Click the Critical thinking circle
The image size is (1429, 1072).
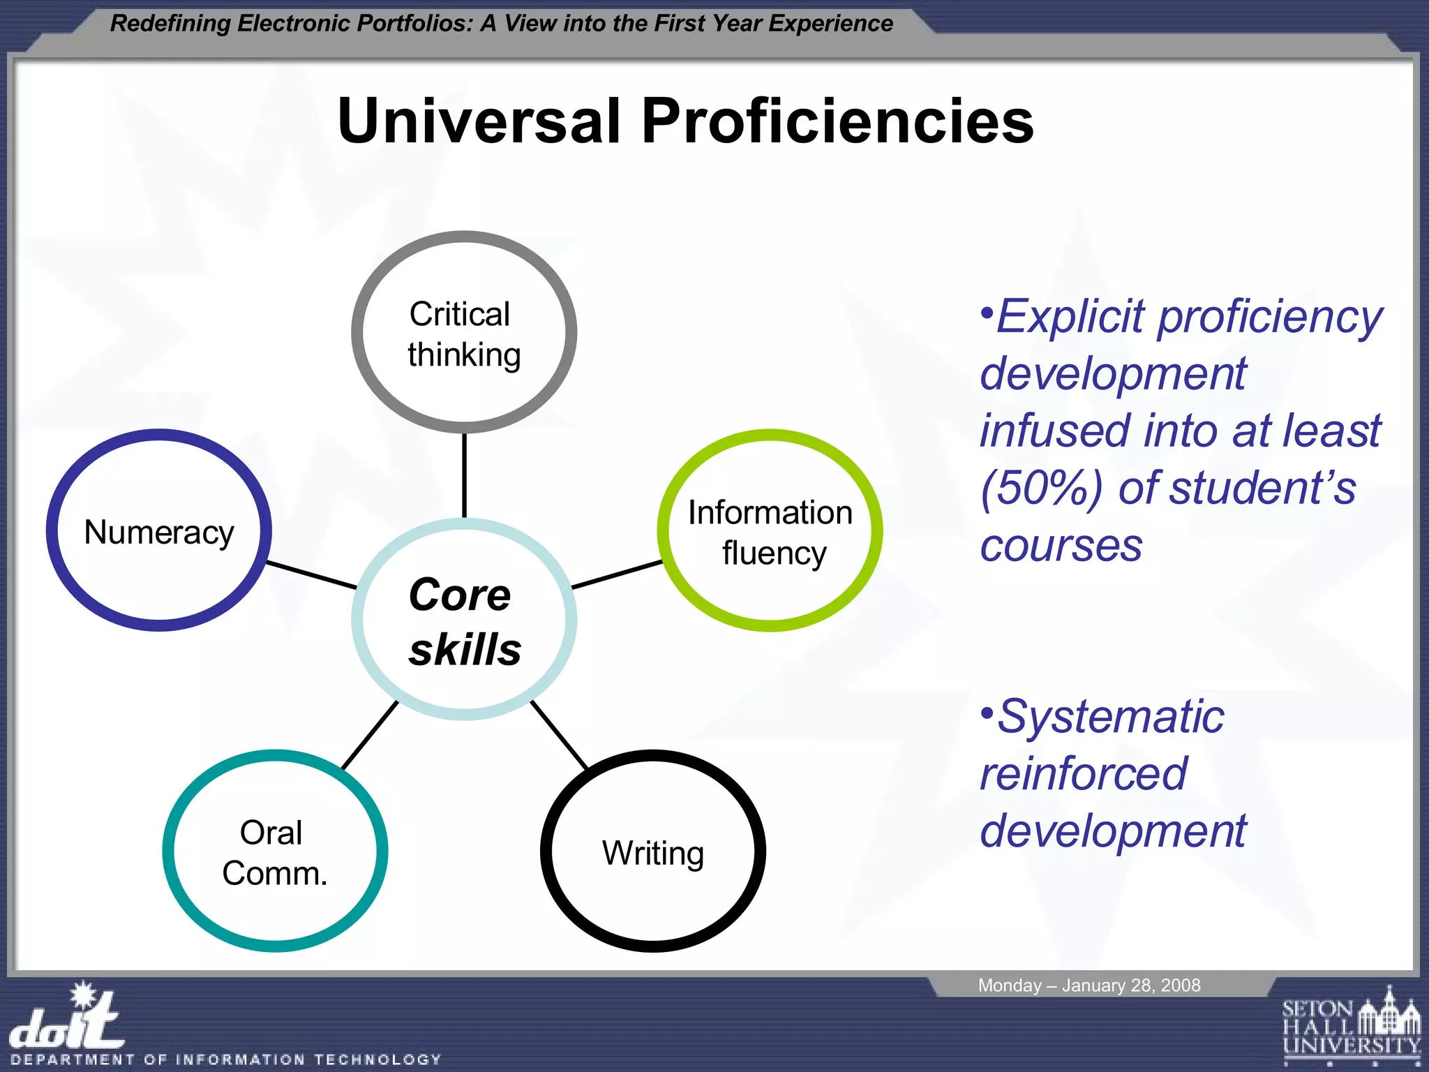[x=464, y=333]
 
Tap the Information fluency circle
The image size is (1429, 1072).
[x=770, y=531]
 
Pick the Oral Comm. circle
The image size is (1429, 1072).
[x=275, y=851]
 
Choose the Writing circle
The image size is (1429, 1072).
[x=653, y=851]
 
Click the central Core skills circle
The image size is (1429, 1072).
[x=464, y=620]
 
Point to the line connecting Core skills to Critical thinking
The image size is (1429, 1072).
[x=464, y=475]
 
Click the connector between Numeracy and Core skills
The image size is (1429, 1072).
[x=312, y=575]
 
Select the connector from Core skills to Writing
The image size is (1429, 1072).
[x=559, y=735]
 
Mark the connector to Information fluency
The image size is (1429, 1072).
[x=617, y=574]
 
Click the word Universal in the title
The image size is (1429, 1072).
[x=479, y=121]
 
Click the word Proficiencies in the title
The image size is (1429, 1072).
[x=837, y=121]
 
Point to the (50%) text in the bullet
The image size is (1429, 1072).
[x=1041, y=488]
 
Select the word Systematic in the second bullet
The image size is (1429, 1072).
[x=1111, y=717]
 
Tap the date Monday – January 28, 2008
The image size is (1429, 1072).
[x=1088, y=985]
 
